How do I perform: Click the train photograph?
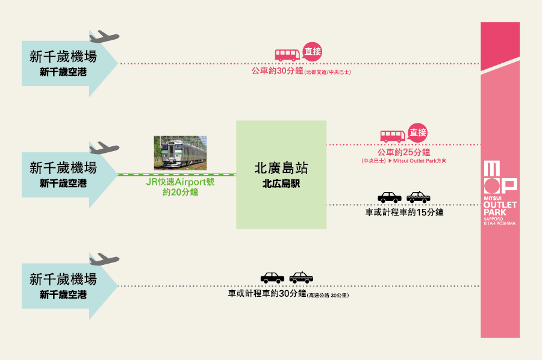[x=180, y=153]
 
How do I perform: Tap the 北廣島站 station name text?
[x=281, y=168]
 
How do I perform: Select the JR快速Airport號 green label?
[x=180, y=182]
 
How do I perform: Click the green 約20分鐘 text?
[x=180, y=192]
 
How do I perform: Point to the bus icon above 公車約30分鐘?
[x=287, y=55]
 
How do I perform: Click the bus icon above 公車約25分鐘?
[x=393, y=136]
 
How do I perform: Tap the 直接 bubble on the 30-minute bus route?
[x=312, y=52]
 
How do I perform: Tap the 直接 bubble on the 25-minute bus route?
[x=417, y=132]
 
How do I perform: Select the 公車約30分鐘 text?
[x=277, y=71]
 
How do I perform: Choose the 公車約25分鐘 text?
[x=403, y=152]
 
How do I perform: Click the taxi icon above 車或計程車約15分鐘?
[x=419, y=197]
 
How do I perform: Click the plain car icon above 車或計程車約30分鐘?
[x=272, y=278]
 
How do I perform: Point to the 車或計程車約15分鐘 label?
[x=404, y=212]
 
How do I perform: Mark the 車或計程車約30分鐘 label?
[x=267, y=293]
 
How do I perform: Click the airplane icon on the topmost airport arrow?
[x=104, y=37]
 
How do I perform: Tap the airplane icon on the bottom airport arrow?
[x=104, y=259]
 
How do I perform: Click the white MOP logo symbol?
[x=500, y=177]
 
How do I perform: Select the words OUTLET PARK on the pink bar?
[x=500, y=208]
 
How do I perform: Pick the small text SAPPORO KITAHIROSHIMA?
[x=499, y=221]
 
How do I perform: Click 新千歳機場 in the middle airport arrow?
[x=63, y=168]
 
